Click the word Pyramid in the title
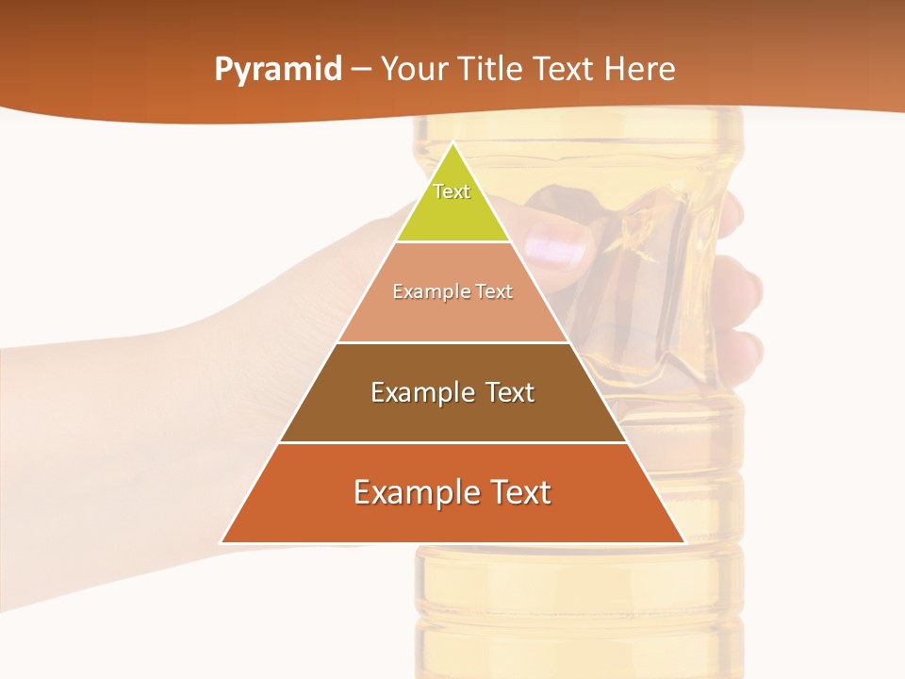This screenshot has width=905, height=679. pos(277,70)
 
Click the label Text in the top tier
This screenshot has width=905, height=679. pos(452,191)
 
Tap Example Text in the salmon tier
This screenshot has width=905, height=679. pos(452,291)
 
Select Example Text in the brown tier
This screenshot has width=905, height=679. pos(452,392)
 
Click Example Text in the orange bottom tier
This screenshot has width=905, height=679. pos(452,492)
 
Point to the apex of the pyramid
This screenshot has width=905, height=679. pos(453,144)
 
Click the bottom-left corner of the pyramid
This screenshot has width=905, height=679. pos(222,542)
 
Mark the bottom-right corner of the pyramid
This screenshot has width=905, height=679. pos(683,542)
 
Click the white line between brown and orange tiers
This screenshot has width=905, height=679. pos(452,442)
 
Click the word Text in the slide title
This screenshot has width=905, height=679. pos(564,69)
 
